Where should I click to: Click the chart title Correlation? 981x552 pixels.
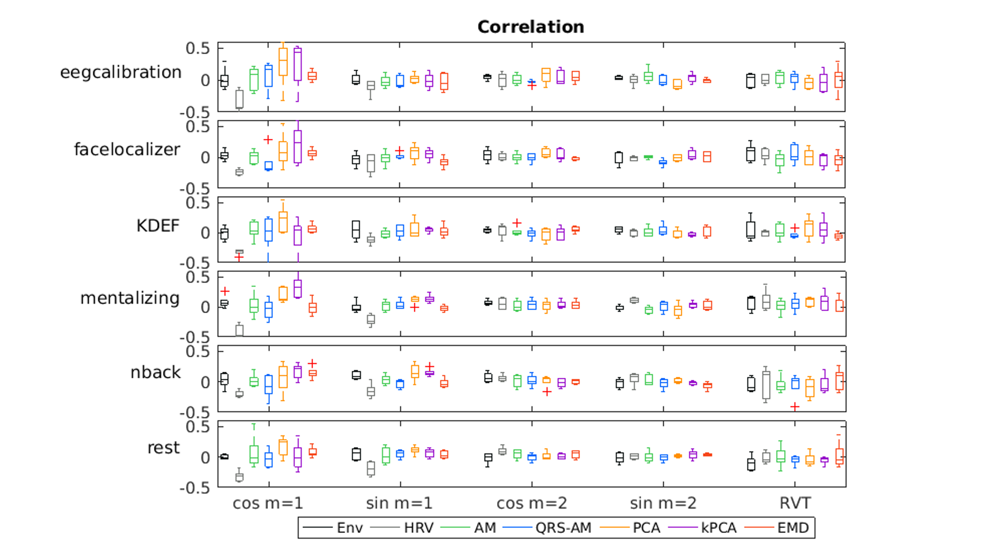[531, 26]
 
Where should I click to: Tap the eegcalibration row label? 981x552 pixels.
[121, 72]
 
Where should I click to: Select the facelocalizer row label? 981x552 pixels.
[127, 149]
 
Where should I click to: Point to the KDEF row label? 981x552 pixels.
[158, 226]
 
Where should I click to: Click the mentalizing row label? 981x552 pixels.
[130, 298]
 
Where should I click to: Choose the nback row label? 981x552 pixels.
[155, 372]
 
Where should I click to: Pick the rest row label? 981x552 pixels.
[164, 447]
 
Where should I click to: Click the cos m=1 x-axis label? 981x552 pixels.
[268, 503]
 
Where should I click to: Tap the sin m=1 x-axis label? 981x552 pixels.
[399, 503]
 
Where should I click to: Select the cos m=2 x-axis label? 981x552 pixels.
[532, 503]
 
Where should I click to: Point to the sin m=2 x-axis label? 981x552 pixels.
[663, 503]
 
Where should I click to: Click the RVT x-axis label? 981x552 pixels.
[795, 503]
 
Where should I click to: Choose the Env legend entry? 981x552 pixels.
[349, 528]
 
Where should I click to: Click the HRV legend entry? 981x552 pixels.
[418, 528]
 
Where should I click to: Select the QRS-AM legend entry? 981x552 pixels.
[563, 528]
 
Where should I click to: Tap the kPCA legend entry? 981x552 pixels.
[719, 528]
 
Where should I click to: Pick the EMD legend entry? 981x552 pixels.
[793, 528]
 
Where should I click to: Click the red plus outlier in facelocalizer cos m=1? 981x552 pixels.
[268, 140]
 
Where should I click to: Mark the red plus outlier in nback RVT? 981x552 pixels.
[795, 407]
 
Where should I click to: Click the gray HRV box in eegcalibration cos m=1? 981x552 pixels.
[239, 99]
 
